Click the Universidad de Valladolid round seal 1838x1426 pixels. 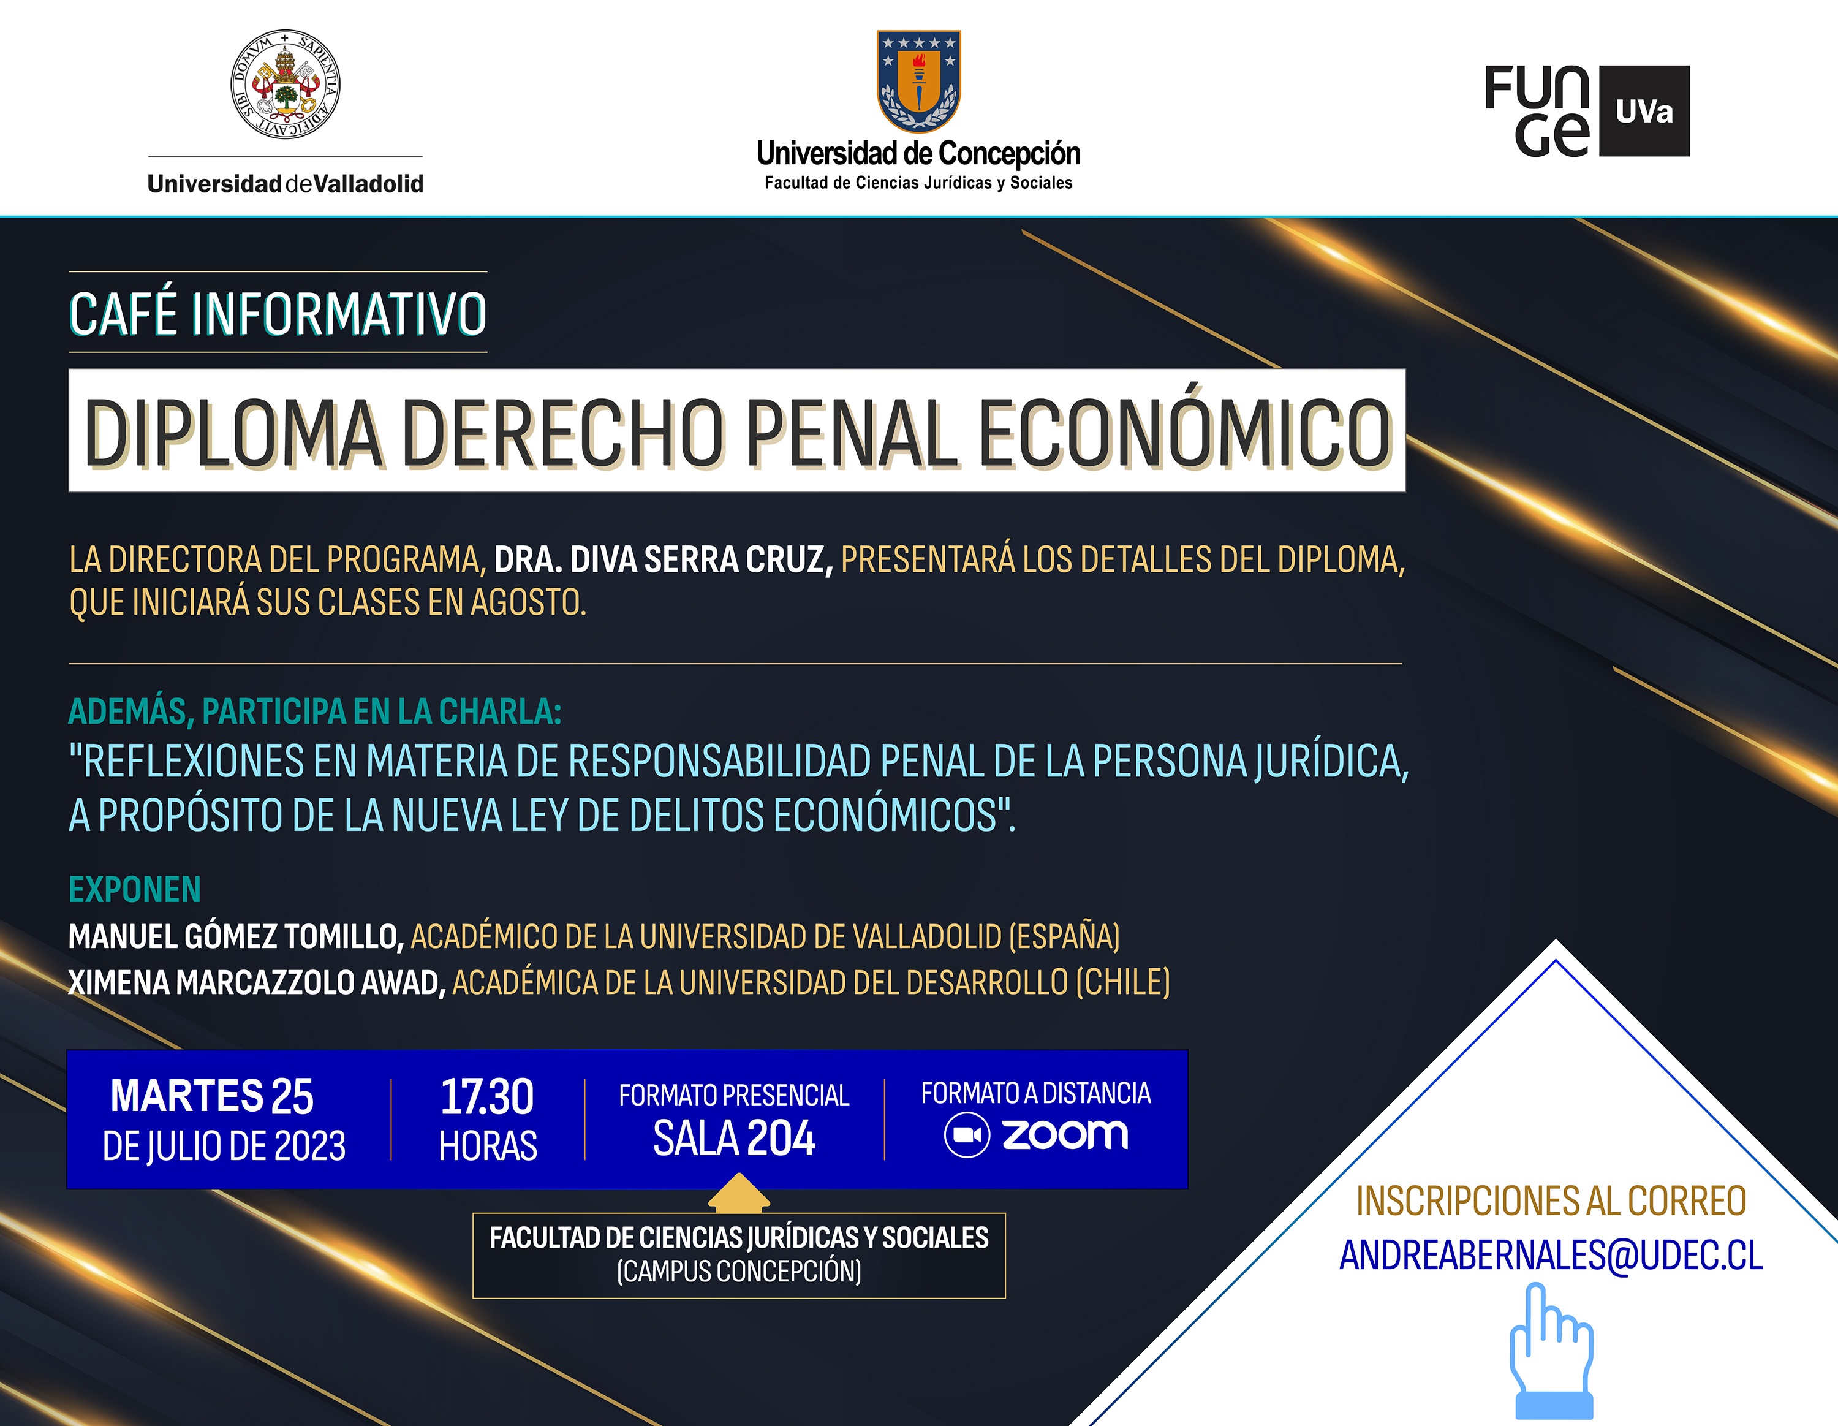tap(286, 84)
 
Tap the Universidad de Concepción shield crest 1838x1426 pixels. tap(918, 81)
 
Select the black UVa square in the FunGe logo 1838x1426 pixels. tap(1644, 111)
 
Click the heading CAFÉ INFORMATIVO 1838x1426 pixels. tap(278, 314)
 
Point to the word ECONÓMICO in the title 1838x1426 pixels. tap(1184, 433)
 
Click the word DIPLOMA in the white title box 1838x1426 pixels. tap(233, 433)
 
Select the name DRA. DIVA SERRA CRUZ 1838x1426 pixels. tap(663, 559)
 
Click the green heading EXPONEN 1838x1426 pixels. tap(135, 890)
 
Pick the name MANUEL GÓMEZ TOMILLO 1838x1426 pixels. tap(236, 937)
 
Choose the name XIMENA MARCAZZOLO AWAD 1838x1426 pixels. tap(257, 982)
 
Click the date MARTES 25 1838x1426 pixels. tap(212, 1096)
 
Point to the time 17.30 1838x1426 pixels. tap(487, 1097)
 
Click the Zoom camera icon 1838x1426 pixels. tap(967, 1136)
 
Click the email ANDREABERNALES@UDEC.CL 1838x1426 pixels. tap(1551, 1255)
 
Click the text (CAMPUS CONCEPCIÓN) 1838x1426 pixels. tap(739, 1271)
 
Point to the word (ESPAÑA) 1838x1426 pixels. tap(1065, 937)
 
